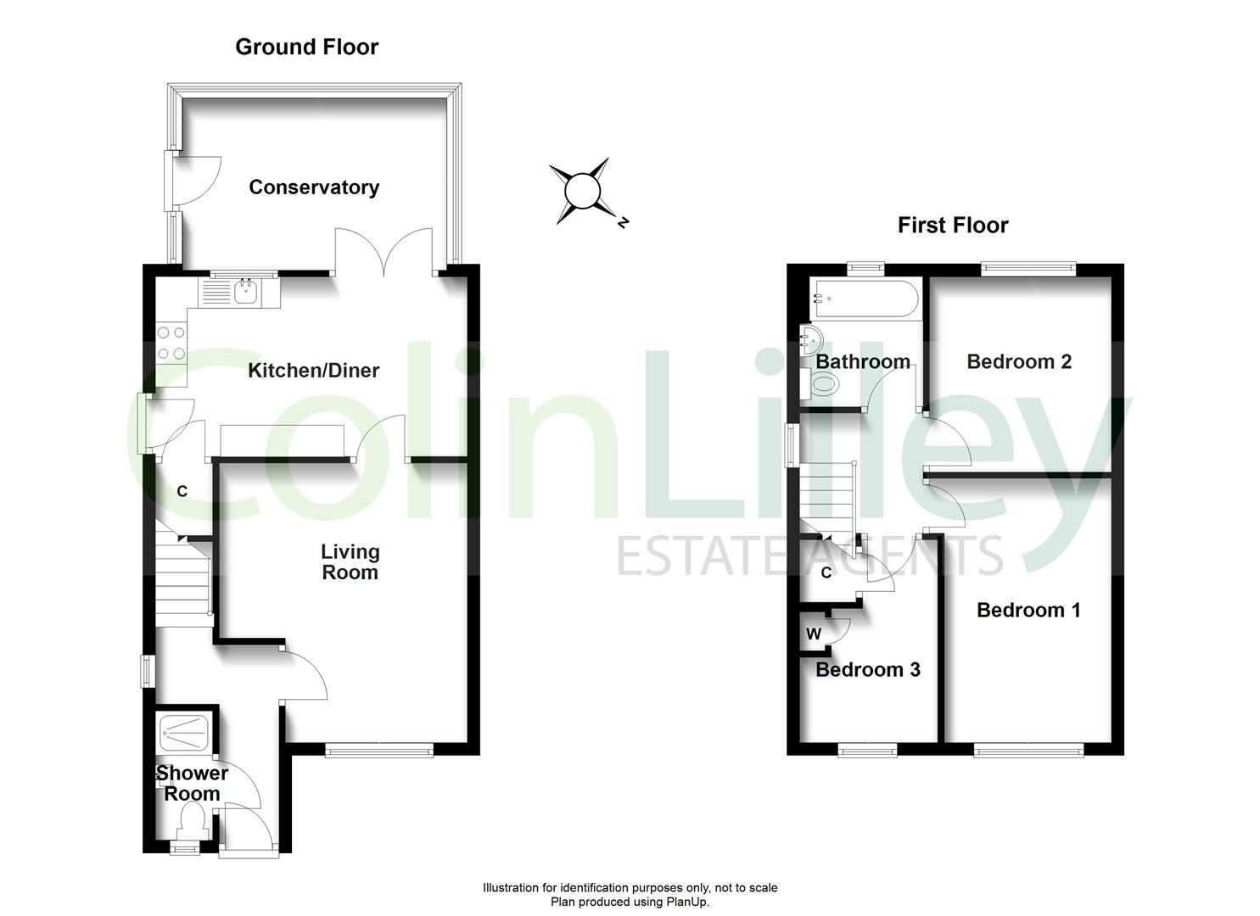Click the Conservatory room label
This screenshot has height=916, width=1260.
(314, 187)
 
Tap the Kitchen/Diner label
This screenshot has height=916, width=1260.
(313, 370)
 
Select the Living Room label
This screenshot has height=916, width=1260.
(350, 561)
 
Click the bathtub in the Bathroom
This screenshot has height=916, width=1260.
(864, 299)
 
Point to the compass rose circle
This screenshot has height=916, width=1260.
(583, 191)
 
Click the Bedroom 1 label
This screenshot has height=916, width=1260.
(1028, 610)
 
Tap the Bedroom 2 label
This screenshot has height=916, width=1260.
(1019, 361)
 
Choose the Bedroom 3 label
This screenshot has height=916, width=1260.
(867, 670)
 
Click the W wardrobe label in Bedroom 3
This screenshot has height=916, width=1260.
(814, 634)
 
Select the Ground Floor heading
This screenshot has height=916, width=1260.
(306, 47)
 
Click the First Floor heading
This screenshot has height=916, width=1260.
(953, 226)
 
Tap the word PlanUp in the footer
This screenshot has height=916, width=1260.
(686, 902)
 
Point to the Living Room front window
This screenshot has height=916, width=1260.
(379, 750)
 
